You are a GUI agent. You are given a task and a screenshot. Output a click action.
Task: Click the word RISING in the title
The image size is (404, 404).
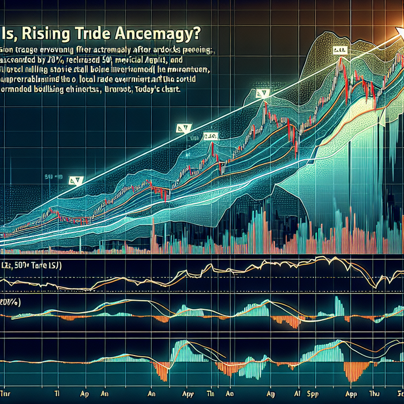50,33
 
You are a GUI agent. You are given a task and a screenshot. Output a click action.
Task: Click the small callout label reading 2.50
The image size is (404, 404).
210,137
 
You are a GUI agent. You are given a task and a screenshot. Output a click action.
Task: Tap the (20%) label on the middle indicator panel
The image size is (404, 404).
8,302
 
